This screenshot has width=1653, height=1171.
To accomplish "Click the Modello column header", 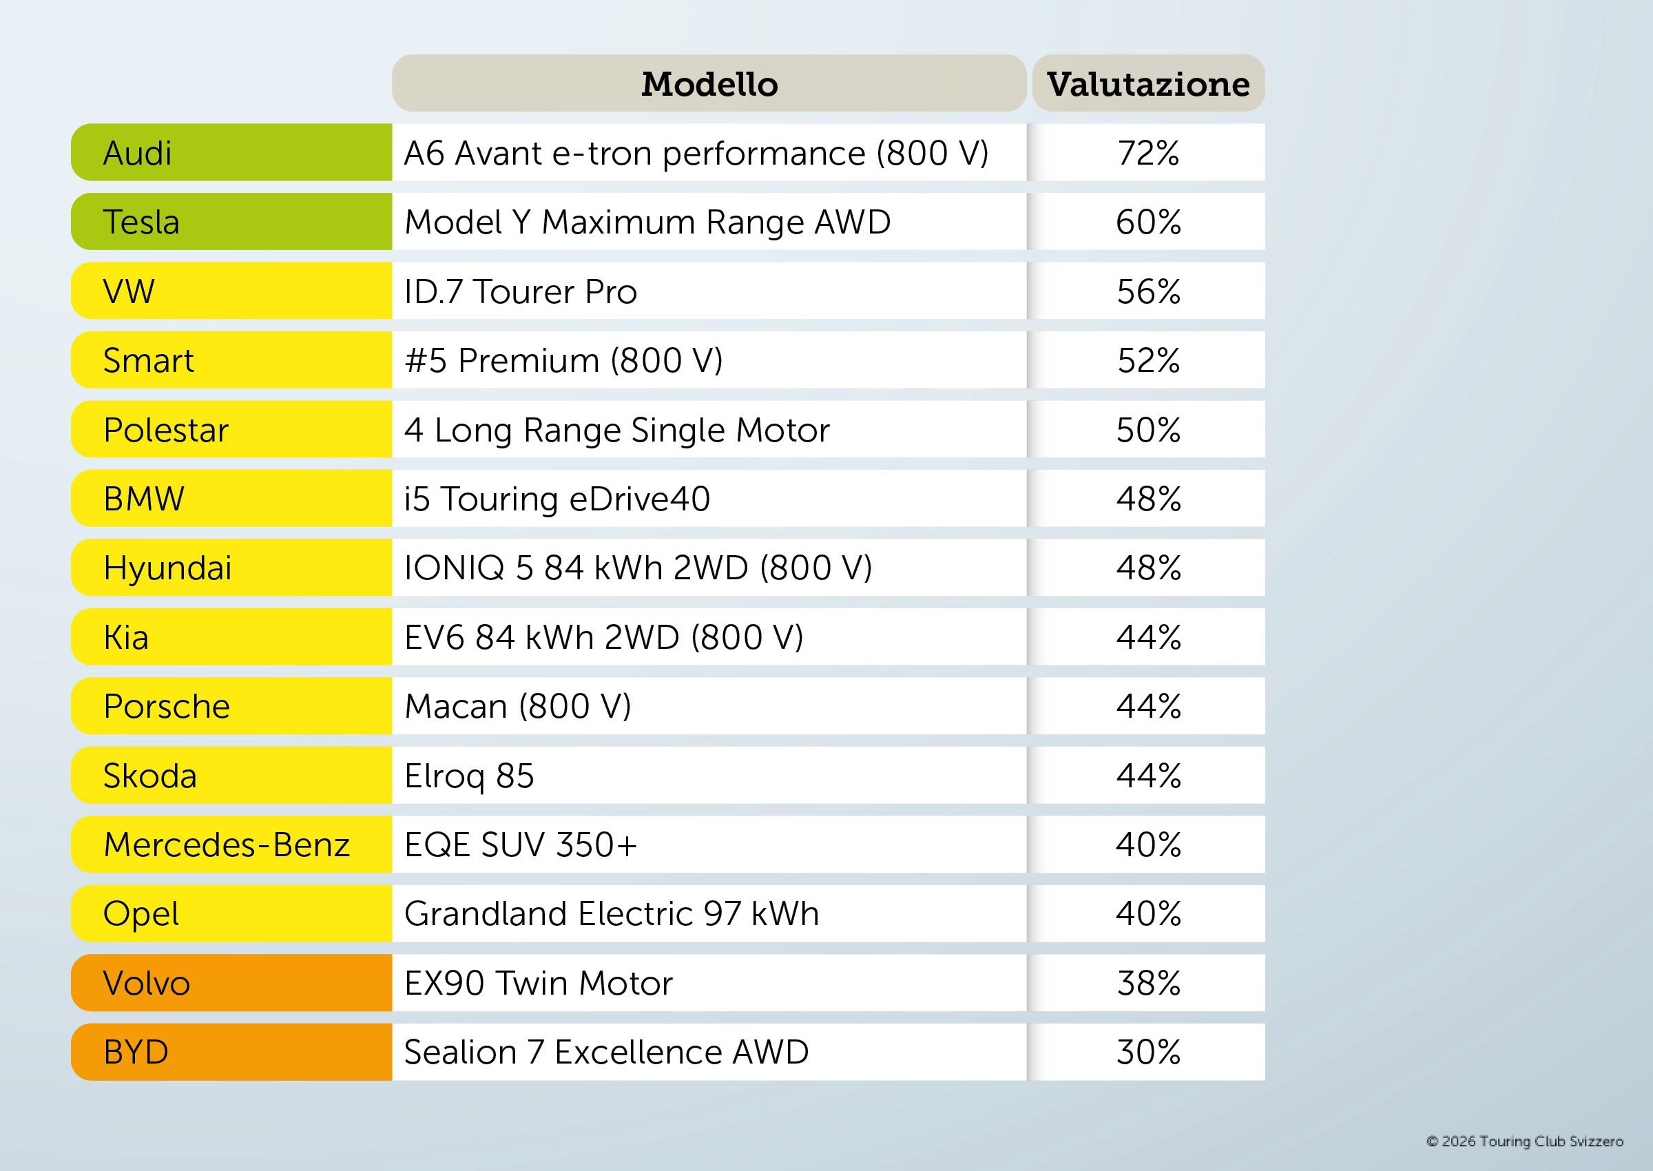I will tap(709, 83).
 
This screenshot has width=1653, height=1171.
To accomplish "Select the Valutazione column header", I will tap(1148, 83).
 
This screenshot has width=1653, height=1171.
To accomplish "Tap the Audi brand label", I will tap(138, 153).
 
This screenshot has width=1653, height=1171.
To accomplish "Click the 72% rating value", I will tap(1148, 153).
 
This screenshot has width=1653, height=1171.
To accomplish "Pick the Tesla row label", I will tap(141, 222).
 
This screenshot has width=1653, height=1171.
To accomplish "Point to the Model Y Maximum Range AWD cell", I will tap(647, 222).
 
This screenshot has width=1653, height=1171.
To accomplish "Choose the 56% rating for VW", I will tap(1148, 291).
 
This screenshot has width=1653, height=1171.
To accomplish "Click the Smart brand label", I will tap(149, 360).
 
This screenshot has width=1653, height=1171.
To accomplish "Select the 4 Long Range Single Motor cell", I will tap(617, 430).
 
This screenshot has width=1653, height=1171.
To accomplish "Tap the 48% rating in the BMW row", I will tap(1148, 499).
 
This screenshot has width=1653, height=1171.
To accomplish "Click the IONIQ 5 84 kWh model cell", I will tap(638, 568).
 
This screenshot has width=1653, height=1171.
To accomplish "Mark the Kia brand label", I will tap(126, 637).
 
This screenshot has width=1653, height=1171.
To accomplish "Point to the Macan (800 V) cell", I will tap(518, 707).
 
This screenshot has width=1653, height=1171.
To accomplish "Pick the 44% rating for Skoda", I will tap(1148, 776).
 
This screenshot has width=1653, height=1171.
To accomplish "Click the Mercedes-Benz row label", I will tap(227, 844).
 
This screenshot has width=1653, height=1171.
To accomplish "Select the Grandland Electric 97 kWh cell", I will tap(612, 913).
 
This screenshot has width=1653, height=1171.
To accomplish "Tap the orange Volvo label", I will tap(146, 983).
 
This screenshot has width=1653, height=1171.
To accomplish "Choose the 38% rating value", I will tap(1148, 983).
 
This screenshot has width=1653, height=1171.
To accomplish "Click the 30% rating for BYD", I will tap(1148, 1052).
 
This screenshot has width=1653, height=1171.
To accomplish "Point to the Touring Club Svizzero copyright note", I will tap(1525, 1141).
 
